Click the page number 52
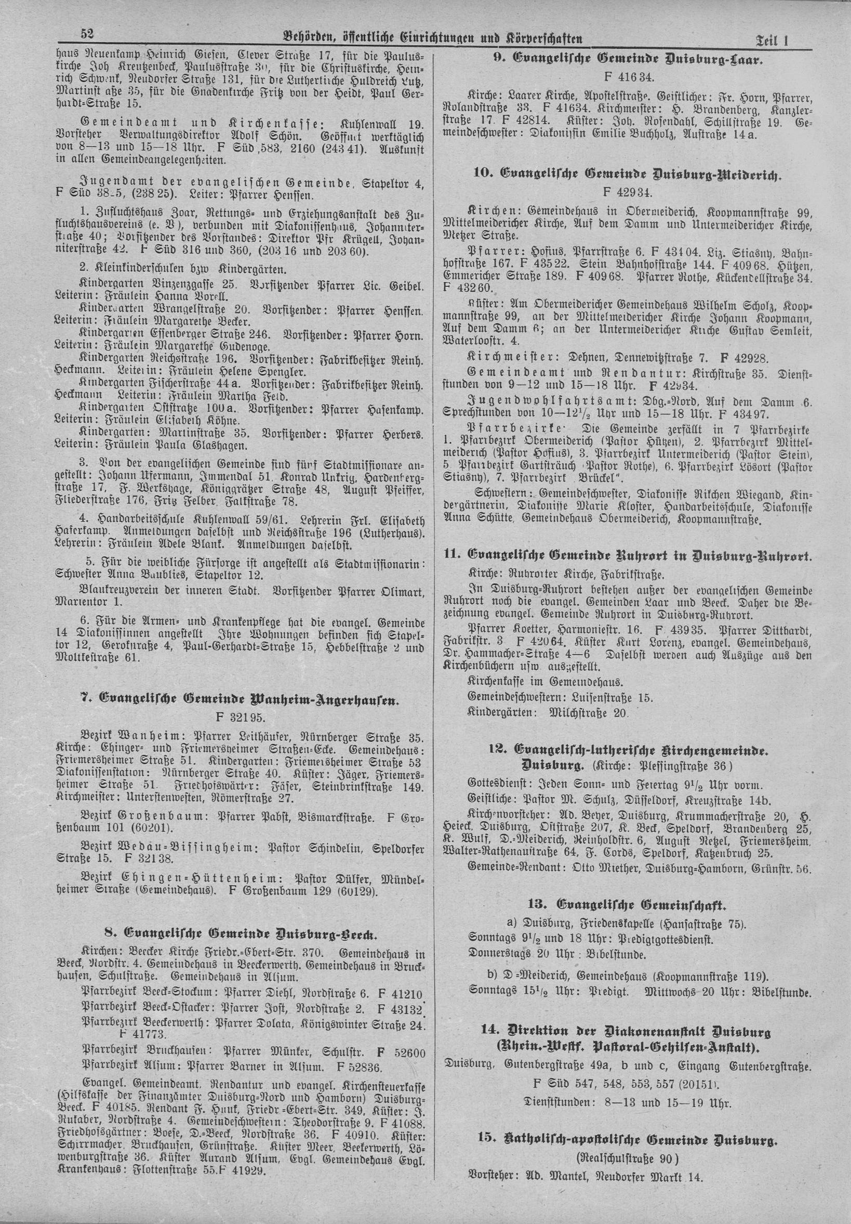pos(87,35)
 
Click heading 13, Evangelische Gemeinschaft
pos(628,903)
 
